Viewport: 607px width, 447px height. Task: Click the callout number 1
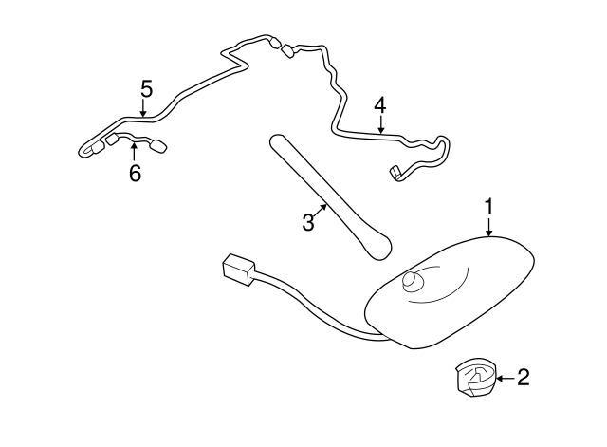[x=489, y=206]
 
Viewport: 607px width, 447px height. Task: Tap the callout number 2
[x=523, y=379]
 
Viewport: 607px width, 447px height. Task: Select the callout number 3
[x=307, y=222]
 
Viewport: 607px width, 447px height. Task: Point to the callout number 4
[x=380, y=103]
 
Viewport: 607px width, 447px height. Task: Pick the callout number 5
[x=146, y=89]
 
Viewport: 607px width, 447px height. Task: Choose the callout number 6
[x=135, y=175]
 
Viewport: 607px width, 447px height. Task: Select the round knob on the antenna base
[x=414, y=281]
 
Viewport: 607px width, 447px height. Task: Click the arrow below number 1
[x=489, y=227]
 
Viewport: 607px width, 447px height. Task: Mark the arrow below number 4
[x=380, y=125]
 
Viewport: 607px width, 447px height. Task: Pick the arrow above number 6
[x=135, y=154]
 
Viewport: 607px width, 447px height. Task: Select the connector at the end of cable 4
[x=396, y=173]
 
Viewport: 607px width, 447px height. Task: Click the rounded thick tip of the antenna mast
[x=379, y=246]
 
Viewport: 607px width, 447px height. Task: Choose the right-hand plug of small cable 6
[x=158, y=146]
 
